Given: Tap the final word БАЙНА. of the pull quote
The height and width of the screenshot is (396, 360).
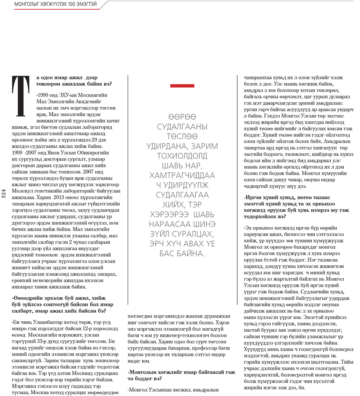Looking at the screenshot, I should click(190, 253).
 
